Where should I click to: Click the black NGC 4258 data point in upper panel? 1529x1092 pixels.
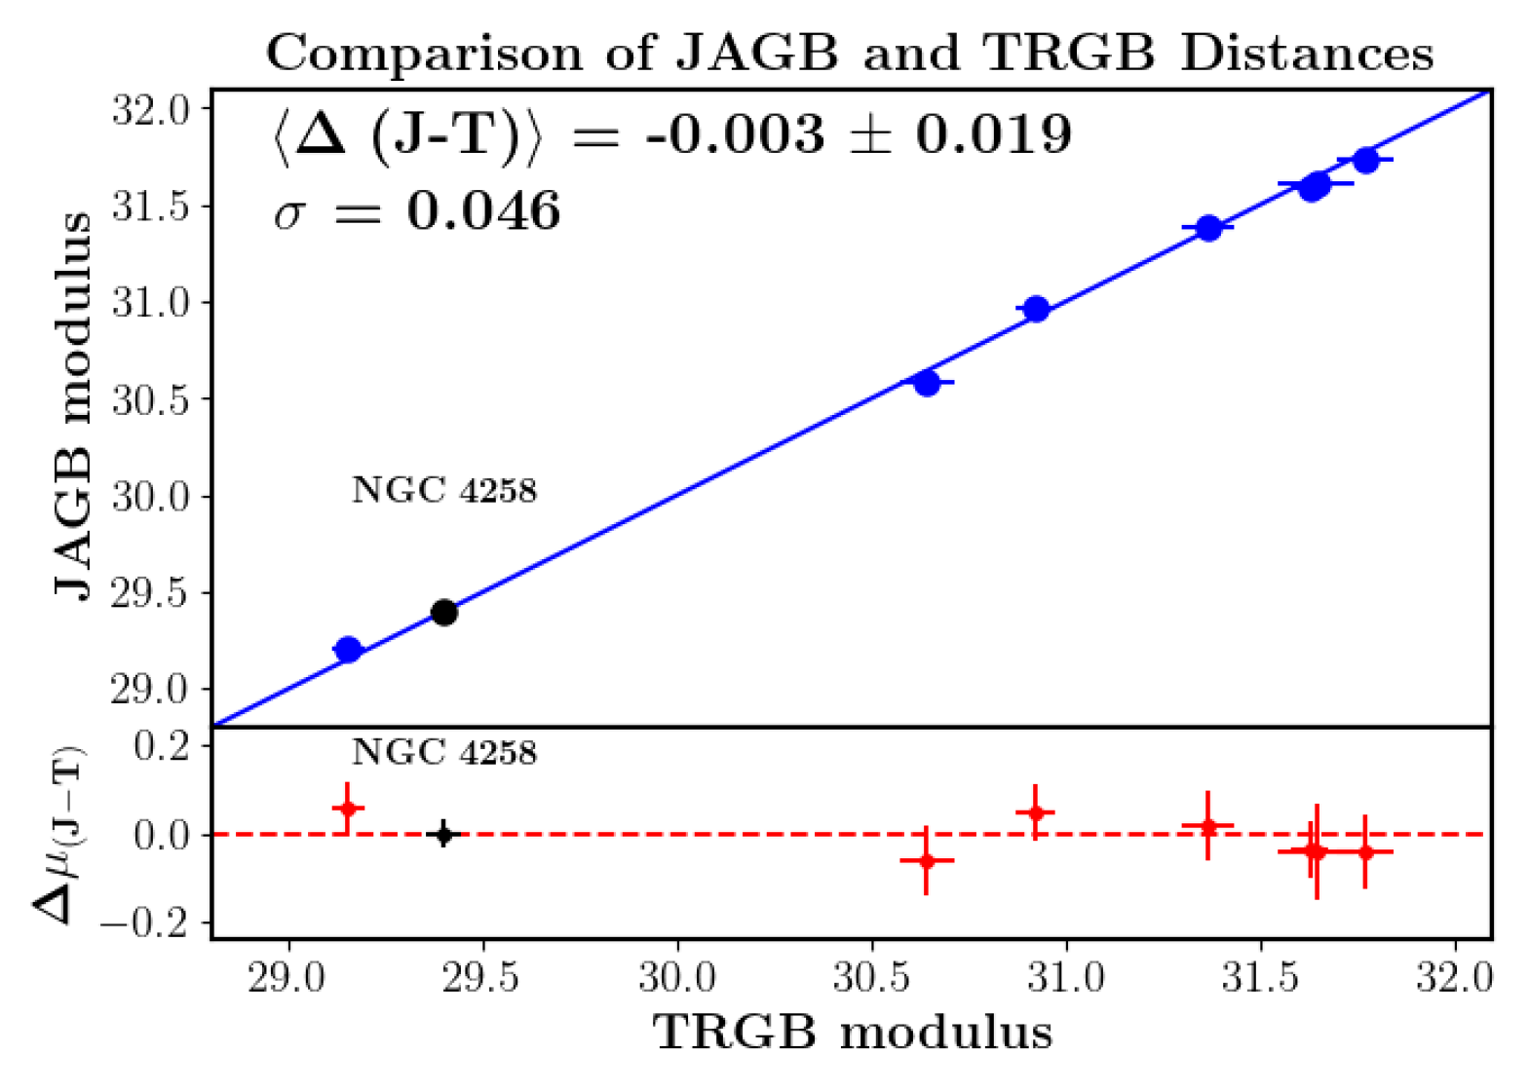tap(443, 612)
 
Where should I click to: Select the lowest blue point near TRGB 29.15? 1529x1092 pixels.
tap(348, 649)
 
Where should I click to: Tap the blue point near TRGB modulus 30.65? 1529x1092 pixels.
tap(927, 382)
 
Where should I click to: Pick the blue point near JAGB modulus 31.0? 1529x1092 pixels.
tap(1036, 309)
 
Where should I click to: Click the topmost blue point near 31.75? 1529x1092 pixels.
tap(1365, 161)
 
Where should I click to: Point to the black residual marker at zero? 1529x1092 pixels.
tap(443, 834)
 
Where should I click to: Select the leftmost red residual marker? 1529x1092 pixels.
tap(348, 809)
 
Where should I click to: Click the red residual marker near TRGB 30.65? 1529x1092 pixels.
tap(927, 860)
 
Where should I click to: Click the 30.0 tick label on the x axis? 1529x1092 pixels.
tap(677, 980)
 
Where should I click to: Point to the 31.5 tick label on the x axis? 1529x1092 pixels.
tap(1260, 980)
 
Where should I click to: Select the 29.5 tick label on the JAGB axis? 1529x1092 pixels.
tap(150, 594)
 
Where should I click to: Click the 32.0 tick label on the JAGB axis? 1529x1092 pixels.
tap(150, 111)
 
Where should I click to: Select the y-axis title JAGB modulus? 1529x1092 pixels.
tap(72, 407)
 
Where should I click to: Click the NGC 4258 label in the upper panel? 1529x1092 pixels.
tap(444, 490)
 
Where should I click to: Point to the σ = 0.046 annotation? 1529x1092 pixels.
tap(416, 211)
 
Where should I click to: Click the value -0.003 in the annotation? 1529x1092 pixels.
tap(735, 133)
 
